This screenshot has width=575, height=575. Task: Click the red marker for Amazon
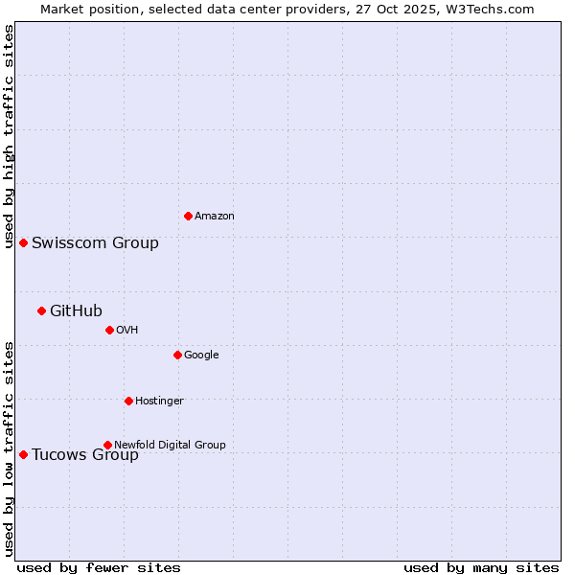coord(188,216)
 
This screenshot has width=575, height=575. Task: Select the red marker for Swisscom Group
coord(23,242)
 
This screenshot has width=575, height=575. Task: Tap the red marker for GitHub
coord(41,310)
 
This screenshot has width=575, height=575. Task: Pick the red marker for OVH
coord(109,330)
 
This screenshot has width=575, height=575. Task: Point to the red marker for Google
coord(177,355)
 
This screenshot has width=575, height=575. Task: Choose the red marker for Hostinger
coord(128,401)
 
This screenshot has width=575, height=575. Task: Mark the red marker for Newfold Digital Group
coord(107,445)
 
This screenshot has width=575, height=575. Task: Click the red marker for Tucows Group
coord(23,454)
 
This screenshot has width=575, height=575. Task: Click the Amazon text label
coord(215,216)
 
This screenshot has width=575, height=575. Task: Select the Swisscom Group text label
coord(95,242)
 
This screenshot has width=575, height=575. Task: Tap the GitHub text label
coord(76,310)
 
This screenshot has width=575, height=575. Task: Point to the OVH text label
coord(127,330)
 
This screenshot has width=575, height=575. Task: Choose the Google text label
coord(201,355)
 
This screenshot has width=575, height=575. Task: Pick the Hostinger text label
coord(159,401)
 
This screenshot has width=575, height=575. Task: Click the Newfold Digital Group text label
coord(170,445)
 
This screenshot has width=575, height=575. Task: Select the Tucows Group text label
coord(85,454)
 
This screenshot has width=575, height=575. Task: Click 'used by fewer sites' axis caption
coord(99,567)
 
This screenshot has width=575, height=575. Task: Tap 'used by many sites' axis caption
coord(481,567)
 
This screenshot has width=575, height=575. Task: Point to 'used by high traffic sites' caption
coord(9,136)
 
